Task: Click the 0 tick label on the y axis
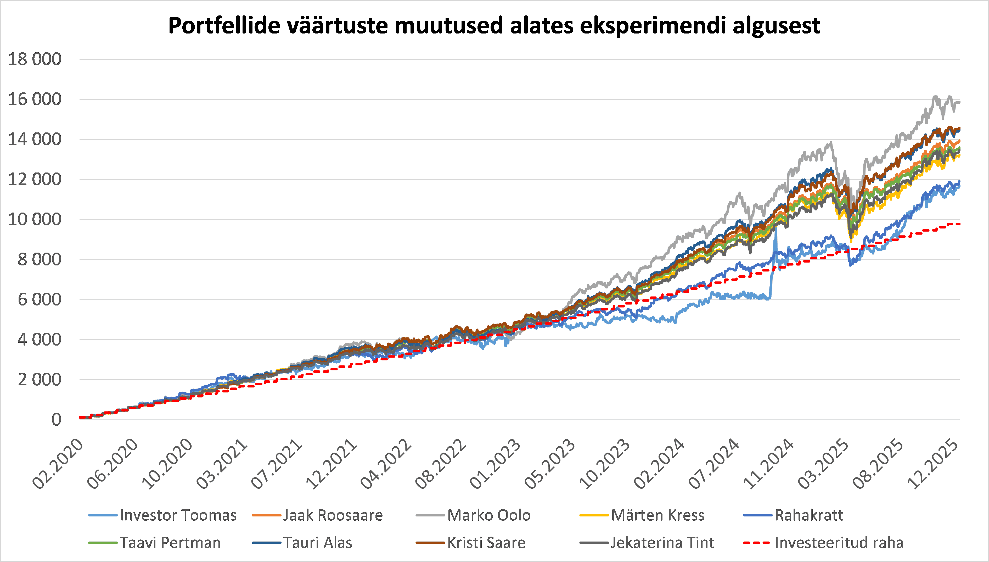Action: coord(56,420)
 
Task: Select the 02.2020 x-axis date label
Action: coord(58,464)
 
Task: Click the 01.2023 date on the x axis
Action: coord(496,464)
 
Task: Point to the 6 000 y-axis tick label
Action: coord(39,299)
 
